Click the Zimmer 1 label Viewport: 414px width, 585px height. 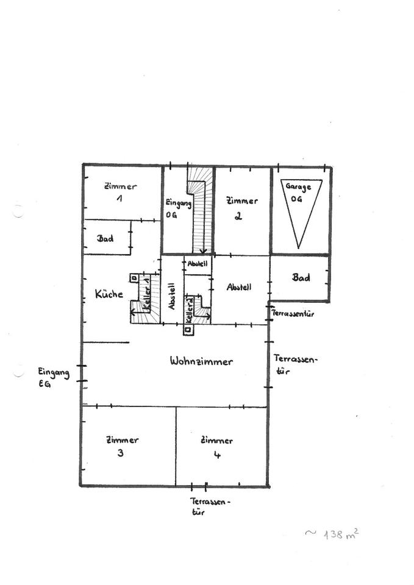(x=120, y=192)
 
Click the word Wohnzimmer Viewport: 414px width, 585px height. (x=201, y=361)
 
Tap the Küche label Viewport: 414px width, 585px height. (x=109, y=294)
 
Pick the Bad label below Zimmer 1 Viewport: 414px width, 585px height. (x=105, y=238)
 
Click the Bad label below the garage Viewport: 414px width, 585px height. (x=301, y=277)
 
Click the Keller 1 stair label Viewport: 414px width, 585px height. (x=146, y=299)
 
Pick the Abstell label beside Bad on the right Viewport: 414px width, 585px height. (x=239, y=287)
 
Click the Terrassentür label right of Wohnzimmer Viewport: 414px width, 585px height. (x=294, y=364)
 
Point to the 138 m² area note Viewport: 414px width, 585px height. (x=333, y=534)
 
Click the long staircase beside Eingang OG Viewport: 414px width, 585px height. (x=201, y=210)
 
